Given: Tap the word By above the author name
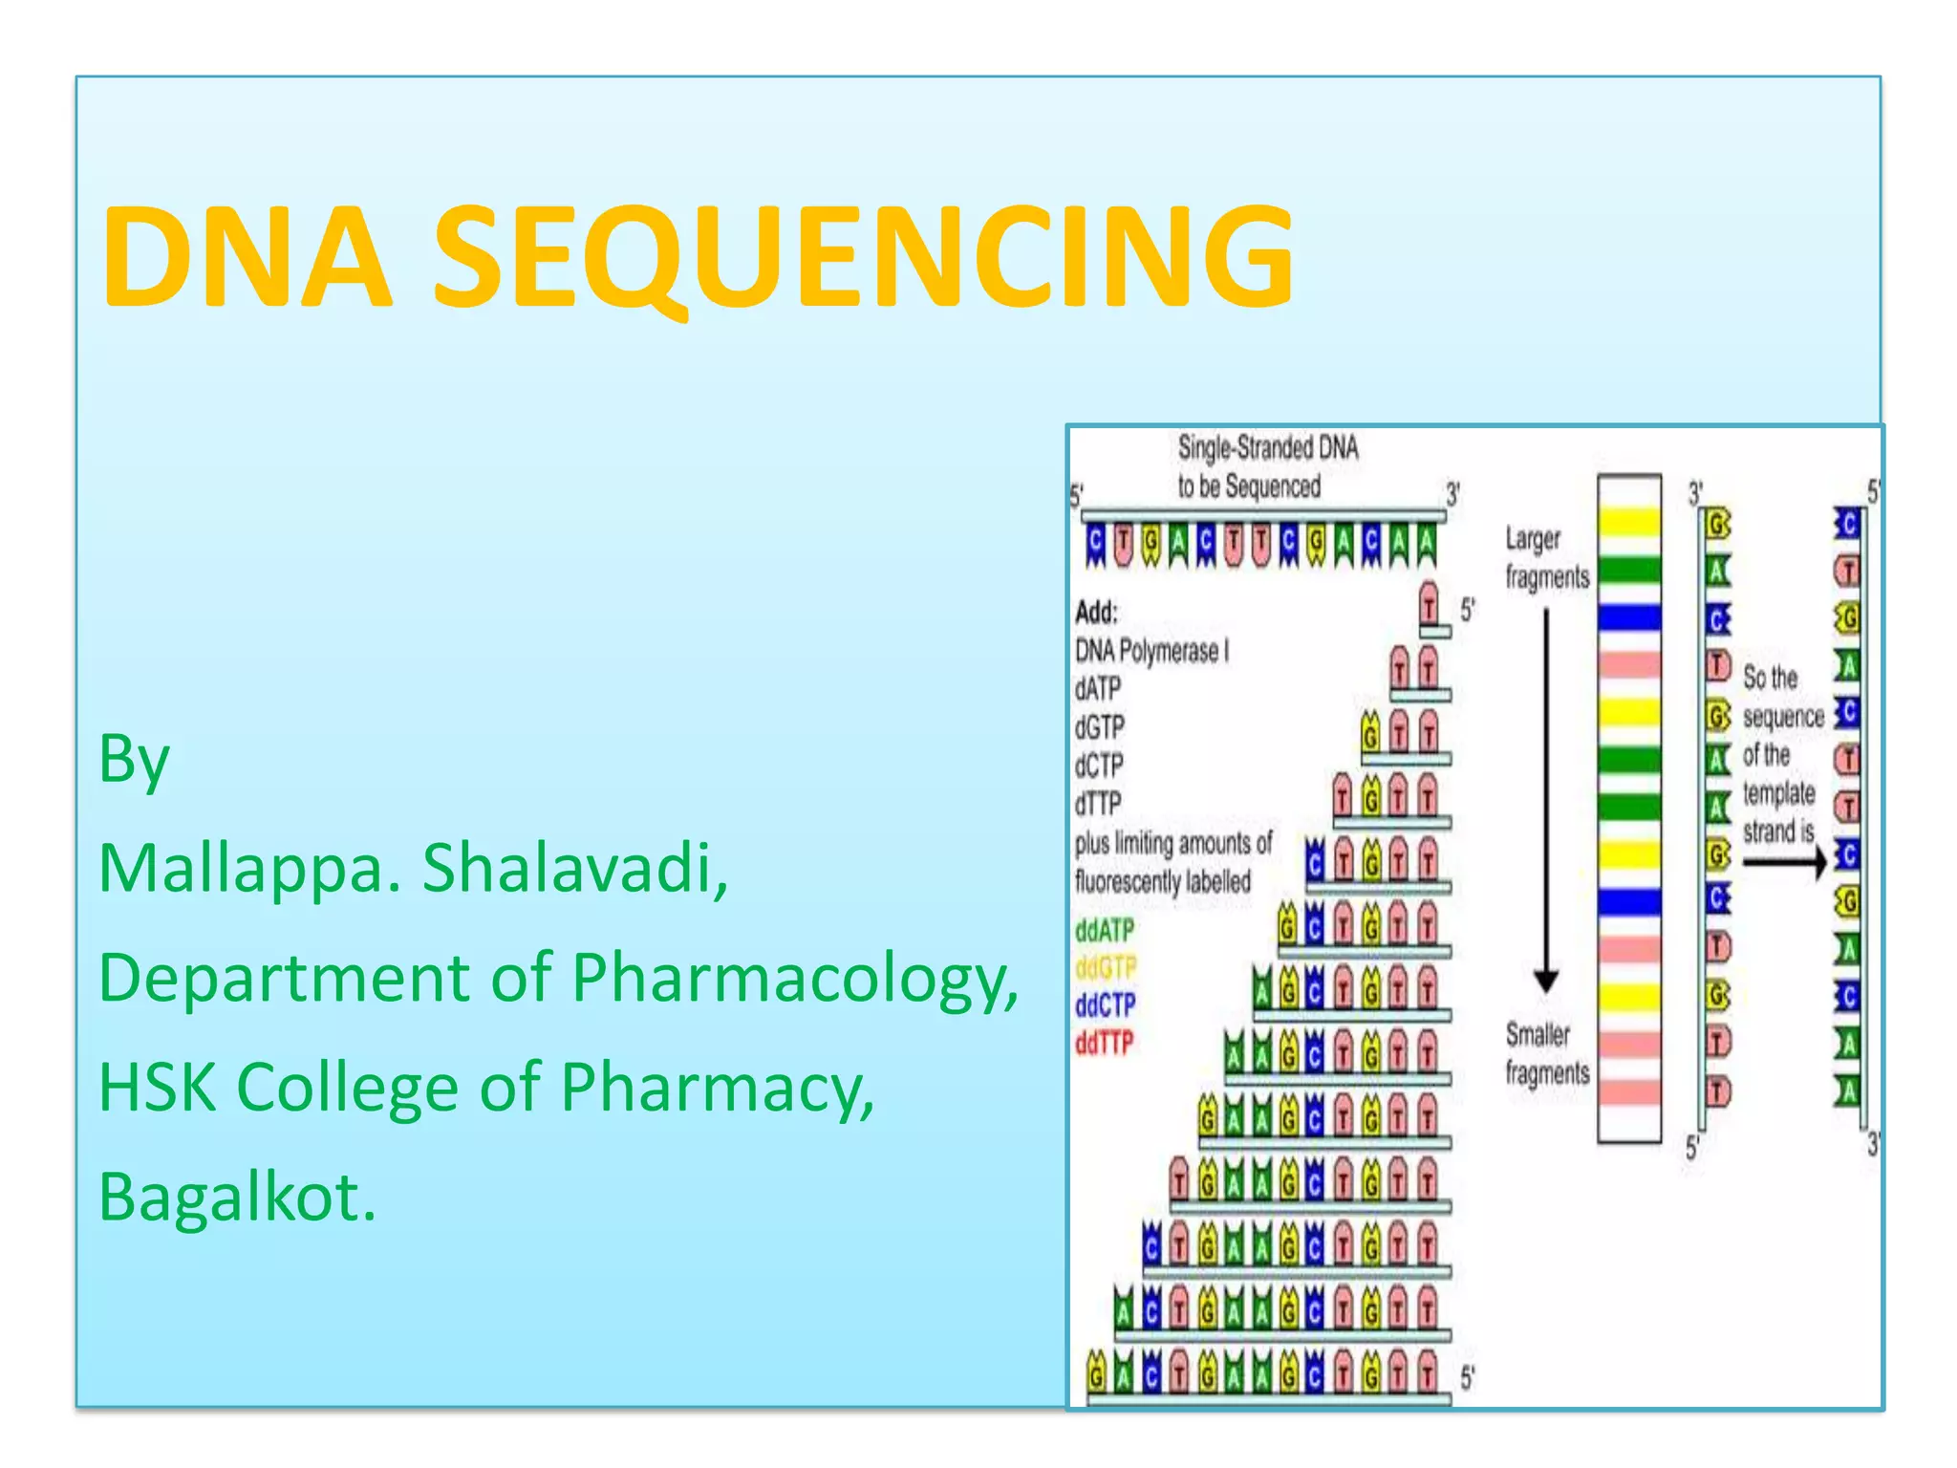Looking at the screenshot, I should (x=134, y=760).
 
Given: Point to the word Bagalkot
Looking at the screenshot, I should (x=237, y=1197).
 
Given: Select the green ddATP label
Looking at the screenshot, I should (x=1105, y=930).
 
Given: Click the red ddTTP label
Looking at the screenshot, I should (x=1105, y=1043).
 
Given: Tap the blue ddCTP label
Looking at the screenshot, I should (x=1106, y=1005).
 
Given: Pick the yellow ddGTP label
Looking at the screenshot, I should (x=1106, y=968).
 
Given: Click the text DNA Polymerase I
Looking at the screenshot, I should (x=1151, y=652).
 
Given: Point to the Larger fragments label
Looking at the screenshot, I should (x=1546, y=558).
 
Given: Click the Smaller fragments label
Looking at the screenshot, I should (x=1546, y=1053).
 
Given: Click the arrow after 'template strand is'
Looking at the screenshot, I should (x=1783, y=863).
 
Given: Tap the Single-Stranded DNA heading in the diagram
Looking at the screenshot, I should (x=1267, y=447).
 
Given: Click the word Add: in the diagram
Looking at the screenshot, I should (x=1096, y=612).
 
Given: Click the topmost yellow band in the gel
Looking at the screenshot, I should (x=1629, y=522).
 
